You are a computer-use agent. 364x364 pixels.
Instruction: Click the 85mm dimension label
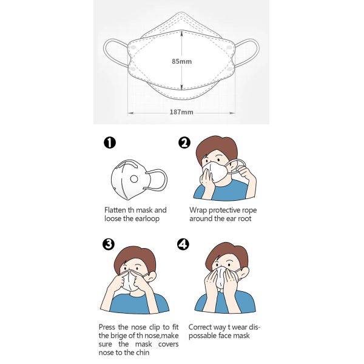(182, 61)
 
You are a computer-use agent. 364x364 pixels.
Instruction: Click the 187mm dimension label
(182, 112)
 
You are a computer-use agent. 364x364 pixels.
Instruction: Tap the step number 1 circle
(110, 143)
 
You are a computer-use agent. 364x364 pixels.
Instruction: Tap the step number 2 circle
(185, 143)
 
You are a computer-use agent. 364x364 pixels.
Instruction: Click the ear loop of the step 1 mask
(159, 181)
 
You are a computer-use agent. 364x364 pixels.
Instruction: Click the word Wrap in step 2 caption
(197, 210)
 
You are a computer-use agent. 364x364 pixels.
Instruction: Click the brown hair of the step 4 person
(224, 253)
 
